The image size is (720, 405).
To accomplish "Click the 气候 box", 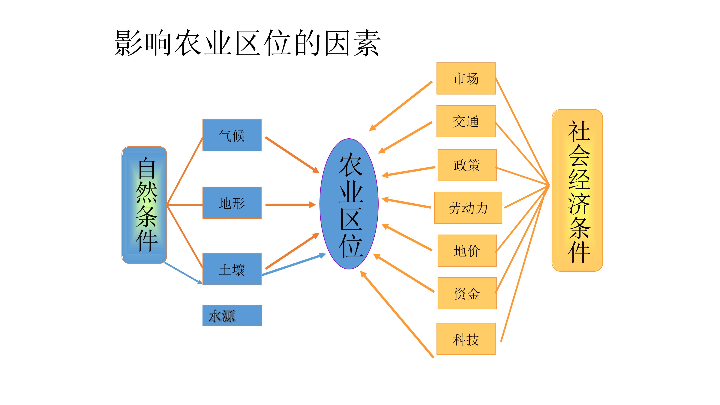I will click(x=232, y=135).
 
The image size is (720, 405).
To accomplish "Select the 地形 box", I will click(x=232, y=203).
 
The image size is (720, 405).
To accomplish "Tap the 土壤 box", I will click(x=232, y=269).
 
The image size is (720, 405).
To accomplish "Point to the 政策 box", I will click(x=467, y=165).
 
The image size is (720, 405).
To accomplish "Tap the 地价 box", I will click(x=467, y=250).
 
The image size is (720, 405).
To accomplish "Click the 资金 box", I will click(x=467, y=293).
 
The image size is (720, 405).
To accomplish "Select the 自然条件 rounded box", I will click(x=144, y=205).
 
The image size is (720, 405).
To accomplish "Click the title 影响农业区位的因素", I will click(x=247, y=43).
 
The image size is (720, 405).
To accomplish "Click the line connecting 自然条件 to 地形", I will click(x=185, y=205).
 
